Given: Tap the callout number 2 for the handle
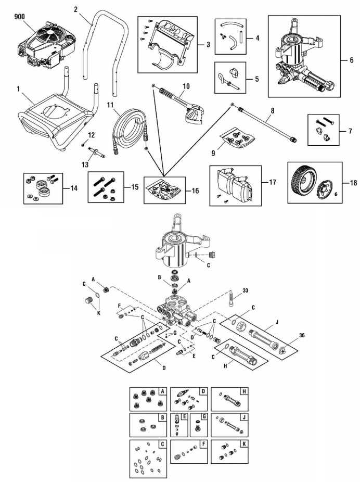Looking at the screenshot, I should click(75, 9).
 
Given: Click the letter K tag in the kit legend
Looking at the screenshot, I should click(243, 444).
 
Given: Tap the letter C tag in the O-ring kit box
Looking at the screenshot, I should click(163, 444).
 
